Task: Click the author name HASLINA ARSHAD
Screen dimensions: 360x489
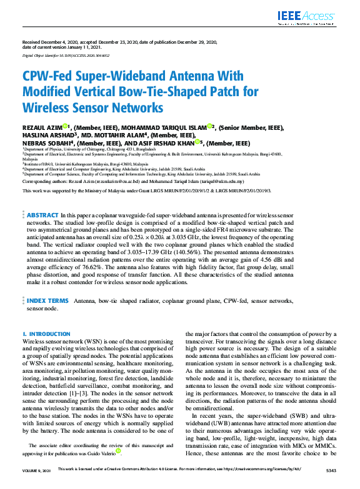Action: point(48,134)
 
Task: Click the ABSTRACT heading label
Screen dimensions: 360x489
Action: point(42,214)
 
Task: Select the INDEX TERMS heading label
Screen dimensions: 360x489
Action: point(47,300)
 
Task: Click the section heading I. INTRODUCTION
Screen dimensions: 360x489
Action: point(46,335)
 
